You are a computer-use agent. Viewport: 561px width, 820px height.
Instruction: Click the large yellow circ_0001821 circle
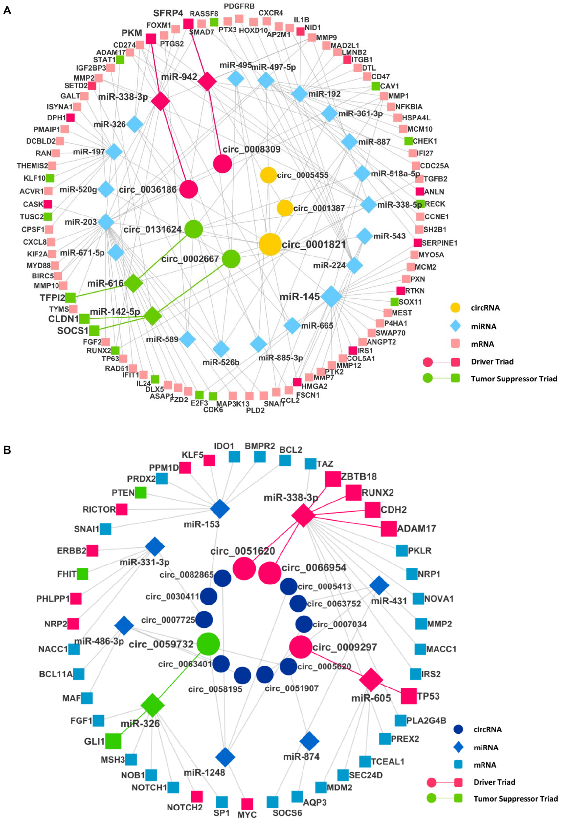click(x=270, y=244)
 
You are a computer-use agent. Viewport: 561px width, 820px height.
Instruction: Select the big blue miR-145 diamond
click(x=331, y=297)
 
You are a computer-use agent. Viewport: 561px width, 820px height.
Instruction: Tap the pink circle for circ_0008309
click(x=223, y=164)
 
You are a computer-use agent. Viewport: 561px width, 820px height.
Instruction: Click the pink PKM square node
click(x=151, y=39)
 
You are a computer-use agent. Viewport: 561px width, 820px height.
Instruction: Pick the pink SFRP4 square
click(x=188, y=24)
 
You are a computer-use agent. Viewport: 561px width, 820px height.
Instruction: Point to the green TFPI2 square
click(x=70, y=297)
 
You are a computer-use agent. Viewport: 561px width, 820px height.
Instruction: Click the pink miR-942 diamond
click(x=207, y=81)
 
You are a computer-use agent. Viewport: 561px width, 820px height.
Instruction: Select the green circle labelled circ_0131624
click(x=193, y=229)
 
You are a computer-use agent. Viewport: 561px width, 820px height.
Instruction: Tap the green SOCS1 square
click(x=94, y=331)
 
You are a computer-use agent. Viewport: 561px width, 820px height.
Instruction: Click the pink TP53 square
click(x=409, y=696)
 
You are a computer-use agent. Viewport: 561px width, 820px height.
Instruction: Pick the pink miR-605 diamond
click(x=371, y=679)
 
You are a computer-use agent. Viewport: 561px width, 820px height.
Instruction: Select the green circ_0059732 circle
click(x=208, y=644)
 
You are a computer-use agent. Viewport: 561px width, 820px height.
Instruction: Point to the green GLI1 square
click(x=113, y=741)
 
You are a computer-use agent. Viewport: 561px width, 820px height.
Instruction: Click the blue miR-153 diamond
click(x=220, y=508)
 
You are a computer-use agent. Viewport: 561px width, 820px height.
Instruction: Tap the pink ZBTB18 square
click(x=332, y=479)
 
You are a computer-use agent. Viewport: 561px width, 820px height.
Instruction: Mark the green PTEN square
click(x=141, y=493)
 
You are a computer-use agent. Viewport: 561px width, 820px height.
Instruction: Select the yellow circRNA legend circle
click(x=455, y=308)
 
